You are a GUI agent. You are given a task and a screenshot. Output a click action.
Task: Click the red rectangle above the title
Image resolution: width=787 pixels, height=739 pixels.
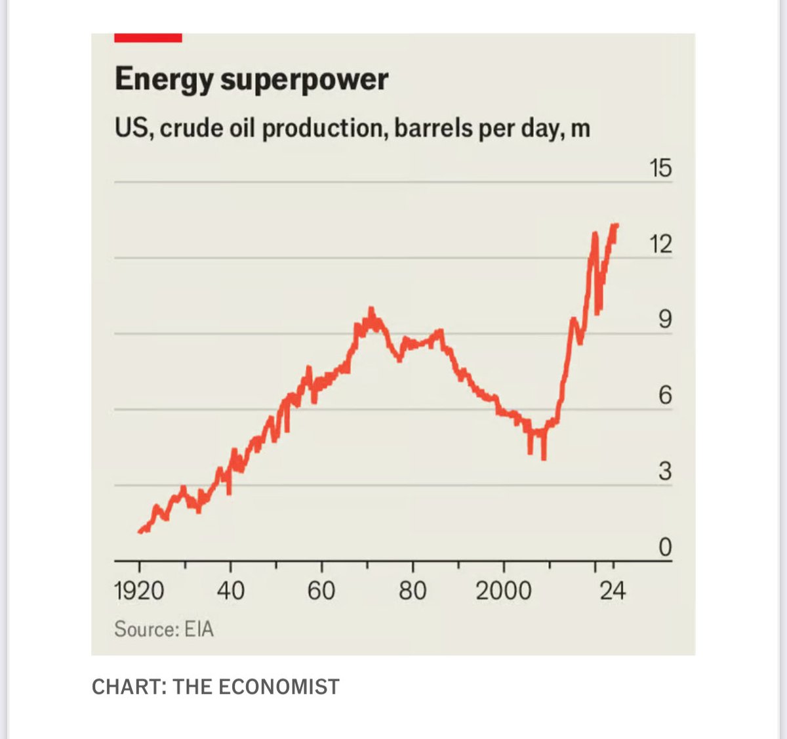coord(148,38)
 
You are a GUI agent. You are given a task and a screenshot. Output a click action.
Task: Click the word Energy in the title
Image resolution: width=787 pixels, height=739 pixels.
coord(164,80)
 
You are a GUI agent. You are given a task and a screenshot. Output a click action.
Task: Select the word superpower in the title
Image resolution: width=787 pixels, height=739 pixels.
coord(304,80)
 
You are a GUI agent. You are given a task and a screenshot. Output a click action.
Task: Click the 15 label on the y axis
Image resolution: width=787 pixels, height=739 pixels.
coord(660,169)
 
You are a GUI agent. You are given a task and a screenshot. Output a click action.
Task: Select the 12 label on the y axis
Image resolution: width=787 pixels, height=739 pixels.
coord(660,245)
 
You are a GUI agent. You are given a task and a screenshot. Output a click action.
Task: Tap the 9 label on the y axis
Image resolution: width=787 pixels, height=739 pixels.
coord(664,320)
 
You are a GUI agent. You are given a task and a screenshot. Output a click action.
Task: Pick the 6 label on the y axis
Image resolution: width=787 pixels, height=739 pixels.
coord(664,396)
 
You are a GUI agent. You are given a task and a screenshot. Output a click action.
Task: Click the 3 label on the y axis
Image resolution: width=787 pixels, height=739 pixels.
coord(664,471)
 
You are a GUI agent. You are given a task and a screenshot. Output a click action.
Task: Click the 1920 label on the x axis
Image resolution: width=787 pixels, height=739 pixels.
coord(139,591)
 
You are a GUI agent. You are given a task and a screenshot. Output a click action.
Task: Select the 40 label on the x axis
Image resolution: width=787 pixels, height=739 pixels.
coord(230,591)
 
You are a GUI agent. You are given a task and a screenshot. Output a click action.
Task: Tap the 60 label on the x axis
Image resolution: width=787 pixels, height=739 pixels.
coord(321,591)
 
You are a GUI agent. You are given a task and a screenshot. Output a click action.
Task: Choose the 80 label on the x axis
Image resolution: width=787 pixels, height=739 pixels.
coord(413,591)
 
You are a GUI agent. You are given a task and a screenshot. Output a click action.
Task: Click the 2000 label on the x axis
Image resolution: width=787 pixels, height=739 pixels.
coord(504,591)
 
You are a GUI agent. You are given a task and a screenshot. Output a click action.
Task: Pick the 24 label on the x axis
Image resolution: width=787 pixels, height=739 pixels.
coord(613,591)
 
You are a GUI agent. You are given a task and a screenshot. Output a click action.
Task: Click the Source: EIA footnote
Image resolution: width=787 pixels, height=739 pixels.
coord(164,629)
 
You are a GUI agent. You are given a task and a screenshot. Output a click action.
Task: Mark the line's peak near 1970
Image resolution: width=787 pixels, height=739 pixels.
coord(371,309)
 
